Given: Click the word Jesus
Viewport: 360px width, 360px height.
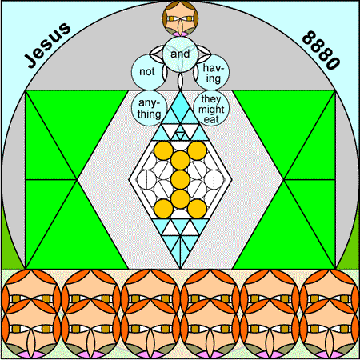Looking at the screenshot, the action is [48, 45].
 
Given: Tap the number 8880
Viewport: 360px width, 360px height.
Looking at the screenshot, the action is [322, 50].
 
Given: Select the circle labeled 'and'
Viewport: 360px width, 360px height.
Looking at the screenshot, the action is [180, 54].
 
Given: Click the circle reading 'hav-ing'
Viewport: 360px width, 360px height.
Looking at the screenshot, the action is [212, 72].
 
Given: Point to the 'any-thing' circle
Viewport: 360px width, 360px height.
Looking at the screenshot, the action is [149, 108].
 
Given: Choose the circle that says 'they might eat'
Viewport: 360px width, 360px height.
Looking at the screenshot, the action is [212, 108].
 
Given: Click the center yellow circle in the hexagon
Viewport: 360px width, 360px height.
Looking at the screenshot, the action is [180, 179].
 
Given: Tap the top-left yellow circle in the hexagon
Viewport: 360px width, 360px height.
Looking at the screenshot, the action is [163, 150].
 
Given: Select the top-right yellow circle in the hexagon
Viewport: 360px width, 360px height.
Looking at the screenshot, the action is [197, 150].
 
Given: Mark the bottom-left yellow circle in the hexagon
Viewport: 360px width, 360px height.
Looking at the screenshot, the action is [163, 209].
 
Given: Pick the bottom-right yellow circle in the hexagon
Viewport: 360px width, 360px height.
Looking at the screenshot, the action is [197, 209].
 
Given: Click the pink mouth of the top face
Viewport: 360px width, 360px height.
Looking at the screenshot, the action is [180, 34].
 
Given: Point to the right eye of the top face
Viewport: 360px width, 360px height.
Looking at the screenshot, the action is [189, 18].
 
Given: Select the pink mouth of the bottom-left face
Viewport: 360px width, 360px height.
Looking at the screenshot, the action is [31, 355].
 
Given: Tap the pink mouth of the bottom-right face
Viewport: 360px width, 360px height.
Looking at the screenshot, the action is [330, 355].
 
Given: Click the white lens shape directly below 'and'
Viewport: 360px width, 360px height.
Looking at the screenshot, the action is [180, 82].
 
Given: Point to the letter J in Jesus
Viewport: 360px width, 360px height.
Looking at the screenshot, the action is [31, 60].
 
